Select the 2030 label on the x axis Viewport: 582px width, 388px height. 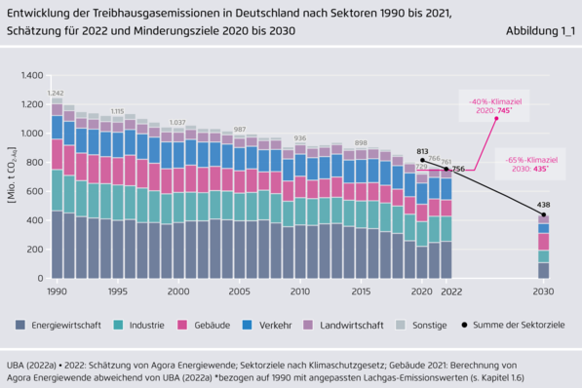[543, 291]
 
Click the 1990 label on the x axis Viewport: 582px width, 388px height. [58, 291]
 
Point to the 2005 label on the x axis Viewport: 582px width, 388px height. [240, 291]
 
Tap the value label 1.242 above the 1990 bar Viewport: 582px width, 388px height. [56, 93]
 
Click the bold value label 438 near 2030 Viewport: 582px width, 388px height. [544, 206]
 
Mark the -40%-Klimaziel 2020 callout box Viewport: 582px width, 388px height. [493, 106]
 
